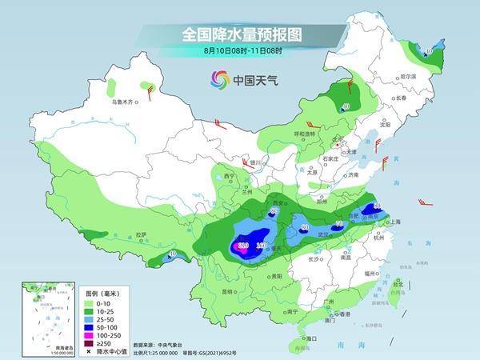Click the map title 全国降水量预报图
pos(240,34)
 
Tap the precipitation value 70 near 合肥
pos(338,223)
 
